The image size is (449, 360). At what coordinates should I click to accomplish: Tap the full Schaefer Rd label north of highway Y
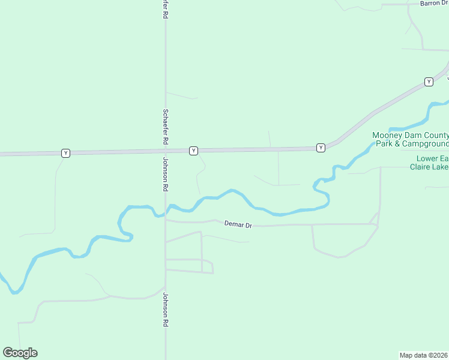164,127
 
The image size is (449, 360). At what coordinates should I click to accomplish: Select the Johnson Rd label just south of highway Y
164,175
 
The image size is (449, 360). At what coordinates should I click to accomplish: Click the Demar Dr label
238,224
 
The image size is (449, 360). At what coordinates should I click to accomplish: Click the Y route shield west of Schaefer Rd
65,153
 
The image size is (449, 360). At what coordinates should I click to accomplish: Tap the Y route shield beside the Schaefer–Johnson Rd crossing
193,151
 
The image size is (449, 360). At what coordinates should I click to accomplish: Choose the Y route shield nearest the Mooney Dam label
321,148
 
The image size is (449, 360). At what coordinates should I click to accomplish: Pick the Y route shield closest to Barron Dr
429,82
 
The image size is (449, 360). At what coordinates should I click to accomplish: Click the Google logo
20,353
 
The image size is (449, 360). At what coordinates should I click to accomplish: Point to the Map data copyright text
424,355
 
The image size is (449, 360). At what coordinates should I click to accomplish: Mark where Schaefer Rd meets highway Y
166,151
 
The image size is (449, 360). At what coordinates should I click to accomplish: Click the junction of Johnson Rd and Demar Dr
166,220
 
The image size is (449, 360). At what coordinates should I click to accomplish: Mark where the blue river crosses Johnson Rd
166,211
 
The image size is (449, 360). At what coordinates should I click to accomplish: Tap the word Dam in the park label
417,136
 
